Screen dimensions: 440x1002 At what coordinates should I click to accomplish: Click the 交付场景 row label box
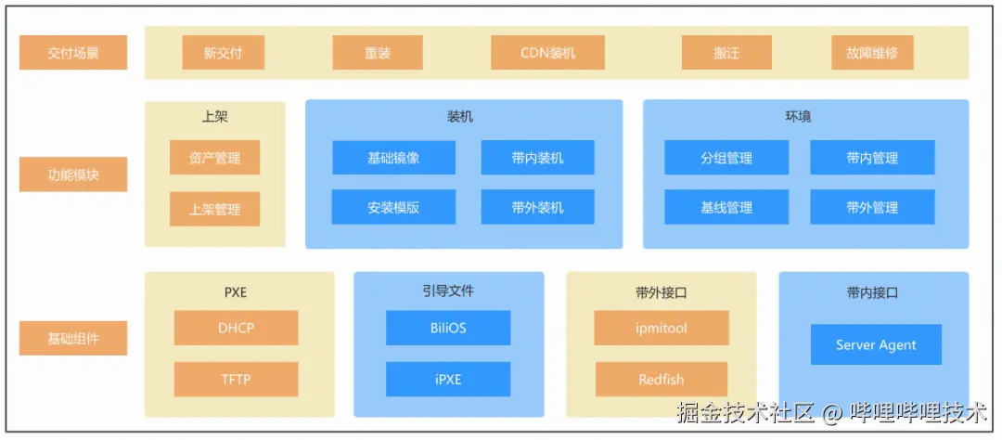coord(73,53)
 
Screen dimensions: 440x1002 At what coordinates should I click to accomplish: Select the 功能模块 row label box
coord(73,174)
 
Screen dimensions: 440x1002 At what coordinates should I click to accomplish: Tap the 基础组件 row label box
coord(73,338)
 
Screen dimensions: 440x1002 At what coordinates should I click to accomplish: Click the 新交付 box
coord(224,53)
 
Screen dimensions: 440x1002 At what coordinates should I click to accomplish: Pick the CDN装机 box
coord(547,53)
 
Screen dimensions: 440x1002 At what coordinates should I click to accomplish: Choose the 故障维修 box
coord(872,53)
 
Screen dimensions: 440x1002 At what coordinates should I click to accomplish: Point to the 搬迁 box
coord(726,53)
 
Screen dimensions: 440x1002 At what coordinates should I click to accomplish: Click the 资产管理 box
coord(214,158)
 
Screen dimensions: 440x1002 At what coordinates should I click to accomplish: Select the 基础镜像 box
coord(393,158)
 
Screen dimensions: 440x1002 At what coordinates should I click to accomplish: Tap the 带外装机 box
coord(537,207)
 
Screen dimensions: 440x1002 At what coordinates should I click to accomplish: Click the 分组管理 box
coord(726,158)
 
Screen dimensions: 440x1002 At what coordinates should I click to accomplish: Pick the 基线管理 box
coord(726,207)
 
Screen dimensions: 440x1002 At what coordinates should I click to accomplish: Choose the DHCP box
coord(236,328)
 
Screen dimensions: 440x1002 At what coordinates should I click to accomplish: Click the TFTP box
coord(236,379)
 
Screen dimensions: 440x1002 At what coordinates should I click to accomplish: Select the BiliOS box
coord(448,328)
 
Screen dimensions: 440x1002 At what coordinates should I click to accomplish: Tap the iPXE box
coord(448,379)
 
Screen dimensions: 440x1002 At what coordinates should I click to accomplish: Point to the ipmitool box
coord(662,328)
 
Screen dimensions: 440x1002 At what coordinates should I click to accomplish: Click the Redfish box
coord(662,379)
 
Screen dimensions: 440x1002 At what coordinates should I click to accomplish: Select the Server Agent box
coord(875,344)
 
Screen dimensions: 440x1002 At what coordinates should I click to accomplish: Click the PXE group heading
coord(236,291)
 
